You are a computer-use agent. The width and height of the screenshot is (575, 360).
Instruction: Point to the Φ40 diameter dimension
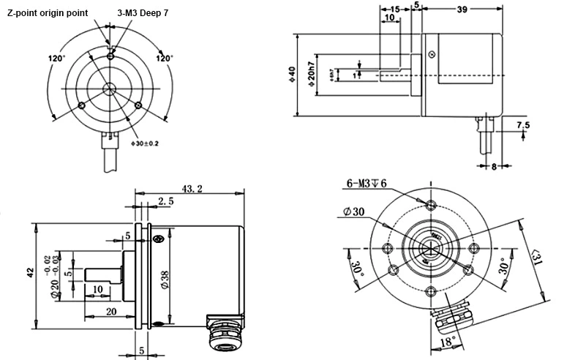[292, 75]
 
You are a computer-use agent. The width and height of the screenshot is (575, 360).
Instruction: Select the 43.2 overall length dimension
[192, 189]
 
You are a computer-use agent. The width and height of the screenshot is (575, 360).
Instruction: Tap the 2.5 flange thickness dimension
[165, 201]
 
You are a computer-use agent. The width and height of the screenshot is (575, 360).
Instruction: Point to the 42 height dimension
[30, 271]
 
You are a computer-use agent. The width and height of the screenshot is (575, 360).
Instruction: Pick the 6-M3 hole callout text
[367, 182]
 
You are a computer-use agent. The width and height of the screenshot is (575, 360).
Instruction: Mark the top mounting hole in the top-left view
[110, 56]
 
